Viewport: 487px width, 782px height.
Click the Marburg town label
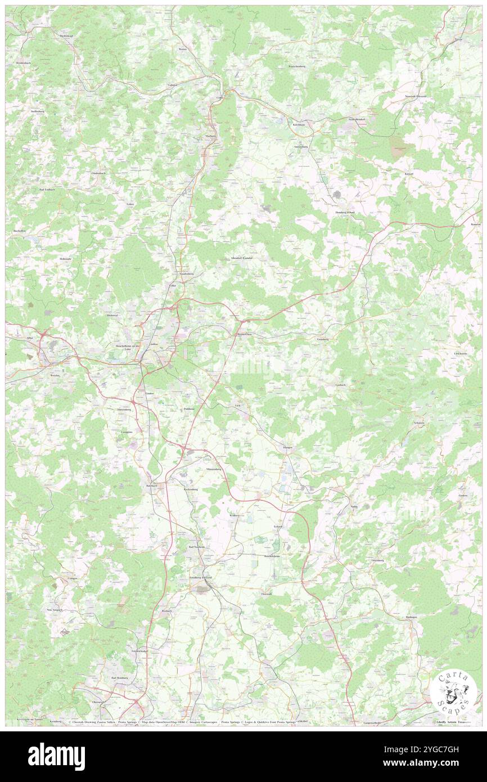(x=211, y=136)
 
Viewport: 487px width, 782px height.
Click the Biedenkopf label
(x=67, y=36)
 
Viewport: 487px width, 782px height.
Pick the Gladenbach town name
(x=98, y=173)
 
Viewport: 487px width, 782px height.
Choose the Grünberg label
(x=323, y=339)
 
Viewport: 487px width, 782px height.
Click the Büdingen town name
(x=411, y=617)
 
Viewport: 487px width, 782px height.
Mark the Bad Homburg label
(x=120, y=678)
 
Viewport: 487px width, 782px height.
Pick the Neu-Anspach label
(x=54, y=609)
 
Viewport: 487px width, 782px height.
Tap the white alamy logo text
(x=57, y=756)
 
